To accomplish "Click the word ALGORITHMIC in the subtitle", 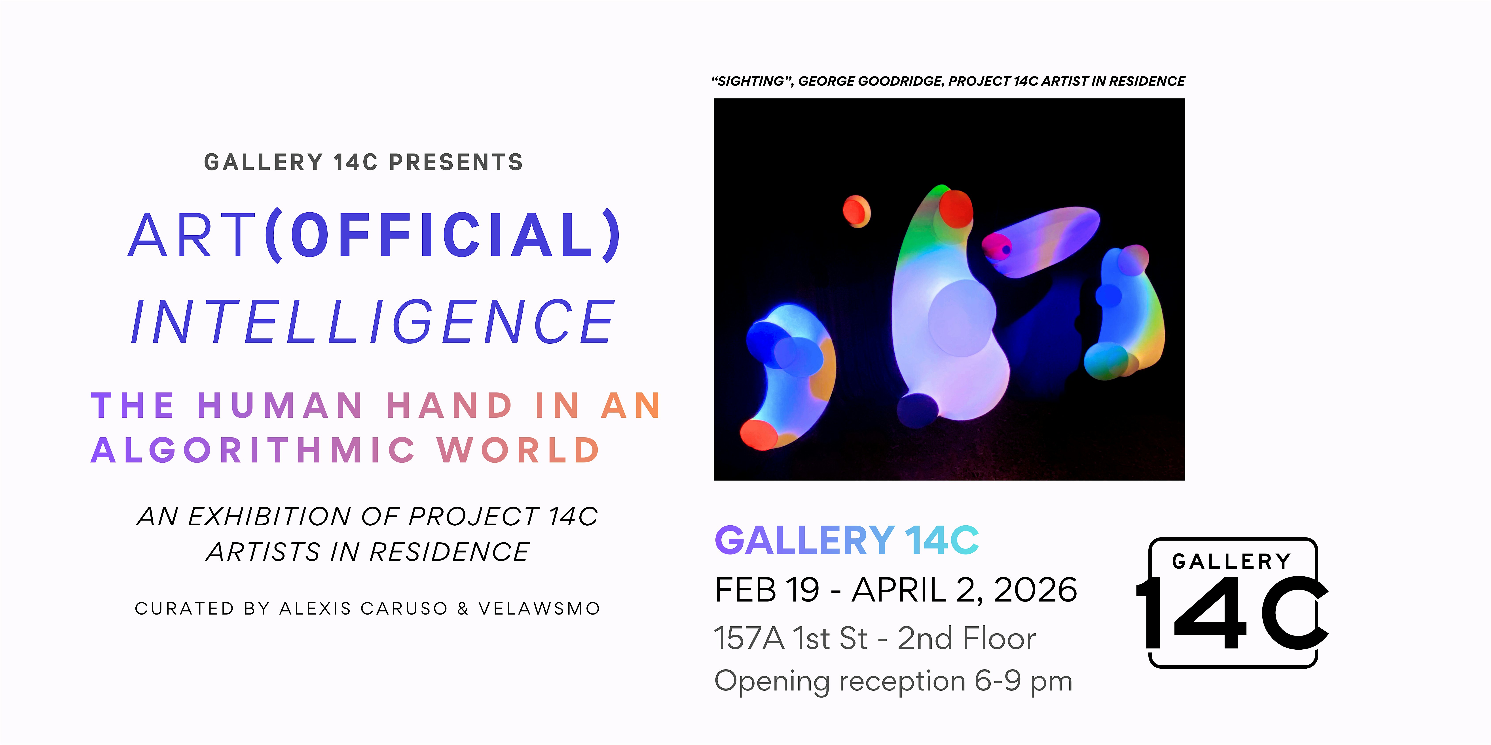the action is [253, 450].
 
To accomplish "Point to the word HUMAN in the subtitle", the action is [280, 405].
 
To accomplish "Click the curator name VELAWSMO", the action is [539, 609].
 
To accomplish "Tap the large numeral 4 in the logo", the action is [1210, 613].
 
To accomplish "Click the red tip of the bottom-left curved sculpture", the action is [759, 434].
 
